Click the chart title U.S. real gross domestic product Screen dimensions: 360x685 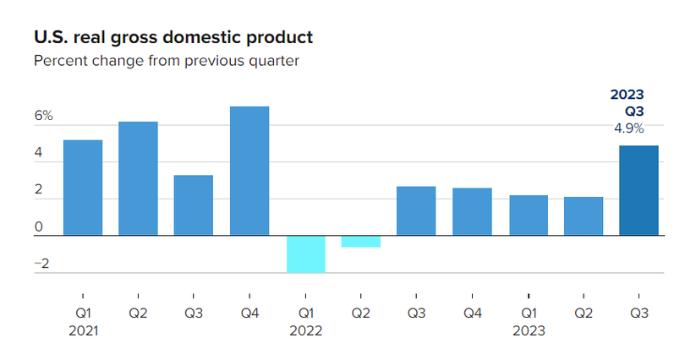[x=173, y=37]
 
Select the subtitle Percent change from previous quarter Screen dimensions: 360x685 [x=167, y=61]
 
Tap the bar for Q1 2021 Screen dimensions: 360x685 [x=82, y=188]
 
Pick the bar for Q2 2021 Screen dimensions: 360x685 [x=138, y=178]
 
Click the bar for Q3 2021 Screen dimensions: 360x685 [x=194, y=205]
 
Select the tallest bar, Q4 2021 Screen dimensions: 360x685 [x=249, y=171]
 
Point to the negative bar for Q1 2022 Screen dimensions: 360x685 [x=305, y=254]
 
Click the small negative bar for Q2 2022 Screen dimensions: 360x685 [x=361, y=242]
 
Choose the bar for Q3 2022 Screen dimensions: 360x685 [x=416, y=210]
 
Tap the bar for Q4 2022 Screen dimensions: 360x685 [x=472, y=211]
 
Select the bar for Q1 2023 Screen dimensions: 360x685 [x=528, y=215]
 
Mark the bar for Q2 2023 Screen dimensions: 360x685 [x=584, y=216]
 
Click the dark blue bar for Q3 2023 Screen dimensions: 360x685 [x=639, y=190]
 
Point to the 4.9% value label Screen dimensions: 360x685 [x=628, y=129]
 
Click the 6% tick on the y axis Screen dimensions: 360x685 [x=43, y=117]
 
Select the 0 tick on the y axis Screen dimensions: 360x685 [x=39, y=226]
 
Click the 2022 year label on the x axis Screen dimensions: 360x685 [x=305, y=330]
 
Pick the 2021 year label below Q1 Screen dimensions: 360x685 [x=82, y=330]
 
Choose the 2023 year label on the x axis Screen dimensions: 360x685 [x=529, y=330]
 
